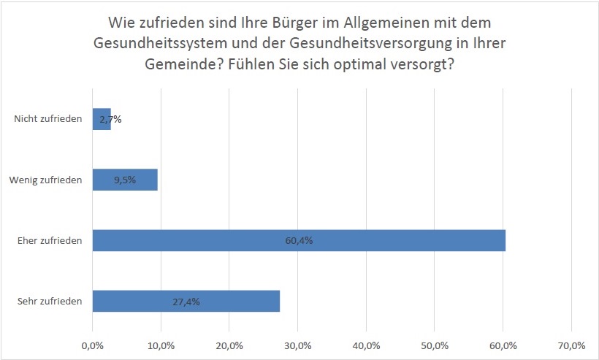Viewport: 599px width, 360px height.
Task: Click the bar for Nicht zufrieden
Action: coord(102,119)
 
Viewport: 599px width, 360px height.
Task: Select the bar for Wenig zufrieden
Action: coord(125,180)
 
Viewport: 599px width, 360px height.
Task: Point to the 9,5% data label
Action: coord(125,180)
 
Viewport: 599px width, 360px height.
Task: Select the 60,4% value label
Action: coord(299,240)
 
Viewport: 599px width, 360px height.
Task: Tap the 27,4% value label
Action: coord(186,301)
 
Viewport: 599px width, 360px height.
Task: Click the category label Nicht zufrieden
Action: coord(48,119)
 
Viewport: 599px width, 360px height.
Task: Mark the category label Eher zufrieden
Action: coord(50,240)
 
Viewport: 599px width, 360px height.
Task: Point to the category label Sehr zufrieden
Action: coord(50,301)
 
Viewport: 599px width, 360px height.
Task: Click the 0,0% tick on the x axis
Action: coord(93,345)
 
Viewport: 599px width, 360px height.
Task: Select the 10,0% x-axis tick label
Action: coord(161,345)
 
